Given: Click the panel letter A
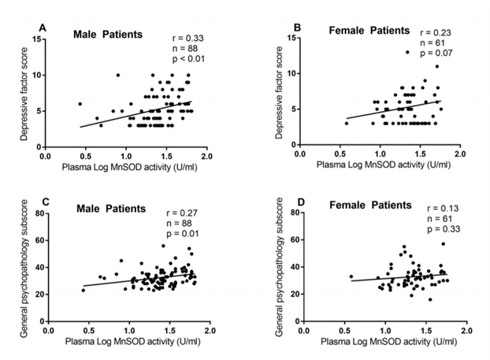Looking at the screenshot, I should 43,28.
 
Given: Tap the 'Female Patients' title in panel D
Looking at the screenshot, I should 369,206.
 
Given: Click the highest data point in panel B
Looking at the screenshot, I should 407,52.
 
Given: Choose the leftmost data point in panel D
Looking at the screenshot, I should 351,276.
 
